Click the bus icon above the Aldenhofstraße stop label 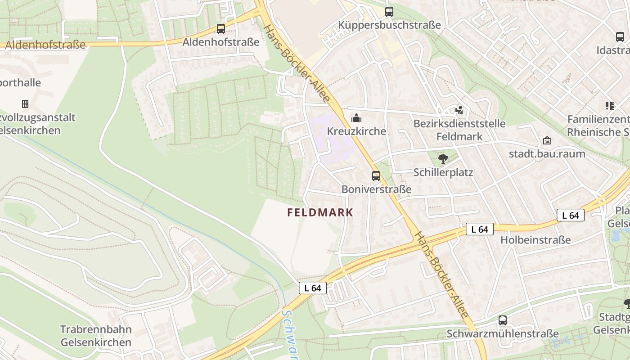coord(220,29)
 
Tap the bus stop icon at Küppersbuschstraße coord(389,12)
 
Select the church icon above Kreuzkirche coord(356,118)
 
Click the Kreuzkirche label coord(356,131)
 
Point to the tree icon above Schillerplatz coord(443,158)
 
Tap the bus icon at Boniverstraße coord(376,176)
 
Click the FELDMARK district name coord(320,212)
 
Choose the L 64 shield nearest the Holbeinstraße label coord(479,229)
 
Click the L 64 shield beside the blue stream coord(312,288)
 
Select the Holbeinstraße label coord(535,240)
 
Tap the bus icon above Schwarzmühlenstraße coord(502,320)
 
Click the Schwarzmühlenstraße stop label coord(502,334)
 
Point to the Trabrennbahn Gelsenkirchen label coord(96,336)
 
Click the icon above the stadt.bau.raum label coord(547,141)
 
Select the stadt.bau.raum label coord(547,154)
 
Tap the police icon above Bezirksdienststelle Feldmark coord(459,110)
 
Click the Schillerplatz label coord(443,172)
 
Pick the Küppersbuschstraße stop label coord(389,25)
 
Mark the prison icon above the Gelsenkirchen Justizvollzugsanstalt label coord(25,104)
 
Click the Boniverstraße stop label coord(376,189)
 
